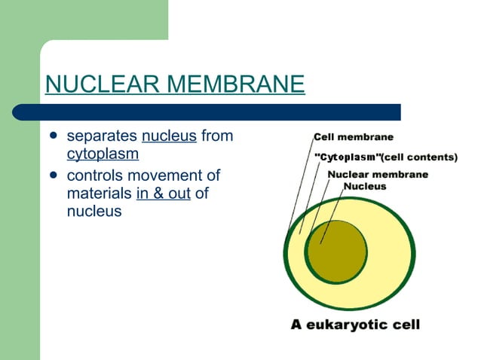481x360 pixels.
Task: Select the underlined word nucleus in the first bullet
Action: (169, 136)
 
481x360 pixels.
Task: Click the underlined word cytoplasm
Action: (103, 154)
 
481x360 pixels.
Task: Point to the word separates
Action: (102, 136)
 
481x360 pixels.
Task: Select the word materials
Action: (99, 194)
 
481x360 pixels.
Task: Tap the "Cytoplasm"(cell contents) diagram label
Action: (384, 157)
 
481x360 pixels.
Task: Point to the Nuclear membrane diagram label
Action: (378, 174)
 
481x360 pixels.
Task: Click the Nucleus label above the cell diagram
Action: (365, 185)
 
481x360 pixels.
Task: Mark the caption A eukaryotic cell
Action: (356, 325)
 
